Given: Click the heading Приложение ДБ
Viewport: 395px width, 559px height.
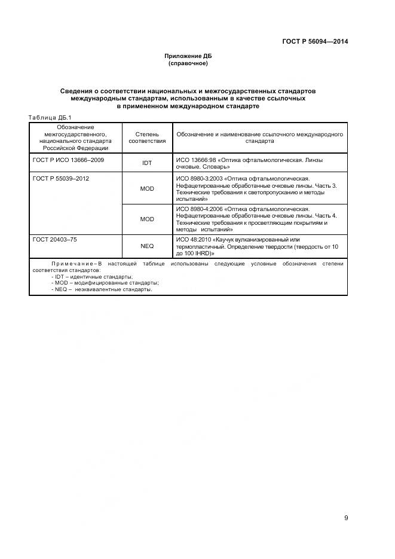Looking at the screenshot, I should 188,56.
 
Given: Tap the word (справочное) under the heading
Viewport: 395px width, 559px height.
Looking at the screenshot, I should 188,63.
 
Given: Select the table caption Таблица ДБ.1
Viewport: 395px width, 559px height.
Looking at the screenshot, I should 50,117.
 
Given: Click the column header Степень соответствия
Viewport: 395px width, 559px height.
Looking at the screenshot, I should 147,138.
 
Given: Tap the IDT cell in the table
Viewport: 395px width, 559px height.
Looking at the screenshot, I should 147,163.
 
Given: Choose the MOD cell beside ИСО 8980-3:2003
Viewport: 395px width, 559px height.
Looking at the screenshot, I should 147,189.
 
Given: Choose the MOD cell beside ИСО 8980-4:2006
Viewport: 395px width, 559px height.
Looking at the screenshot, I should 147,219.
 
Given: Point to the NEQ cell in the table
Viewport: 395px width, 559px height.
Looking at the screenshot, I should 147,246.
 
